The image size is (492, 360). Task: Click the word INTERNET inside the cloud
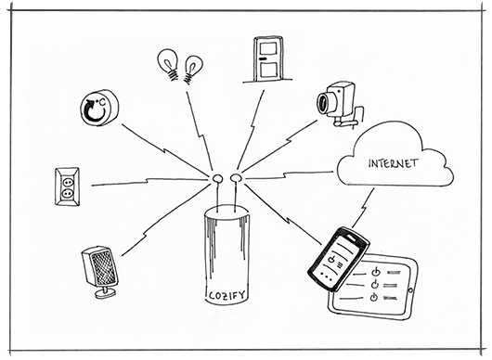click(394, 163)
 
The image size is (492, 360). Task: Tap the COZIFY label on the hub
click(227, 295)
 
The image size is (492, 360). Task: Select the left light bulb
click(169, 64)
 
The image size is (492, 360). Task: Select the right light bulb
click(192, 70)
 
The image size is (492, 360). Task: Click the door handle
click(263, 58)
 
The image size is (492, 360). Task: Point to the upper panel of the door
click(267, 49)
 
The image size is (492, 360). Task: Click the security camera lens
click(323, 103)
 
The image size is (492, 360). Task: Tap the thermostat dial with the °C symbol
click(99, 108)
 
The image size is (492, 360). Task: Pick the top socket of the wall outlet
click(67, 181)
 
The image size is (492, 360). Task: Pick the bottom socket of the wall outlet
click(67, 194)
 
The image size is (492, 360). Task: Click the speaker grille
click(104, 267)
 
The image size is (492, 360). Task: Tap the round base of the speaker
click(105, 294)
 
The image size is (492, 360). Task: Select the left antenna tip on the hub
click(217, 178)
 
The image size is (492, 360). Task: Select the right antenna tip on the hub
click(236, 178)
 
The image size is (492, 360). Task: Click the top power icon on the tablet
click(375, 272)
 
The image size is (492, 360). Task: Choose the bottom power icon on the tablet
click(373, 297)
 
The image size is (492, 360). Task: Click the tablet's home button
click(410, 289)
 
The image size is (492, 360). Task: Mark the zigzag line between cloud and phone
click(363, 208)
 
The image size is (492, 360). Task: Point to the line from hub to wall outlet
click(150, 182)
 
